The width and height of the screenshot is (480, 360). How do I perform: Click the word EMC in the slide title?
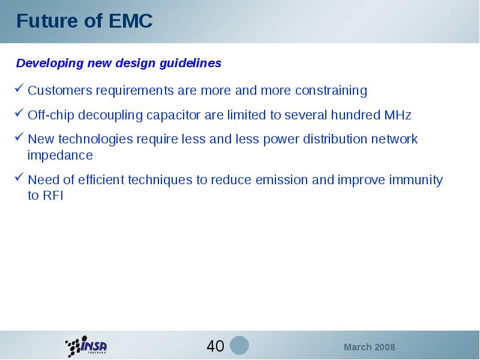click(130, 21)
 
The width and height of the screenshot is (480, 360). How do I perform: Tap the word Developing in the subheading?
click(50, 64)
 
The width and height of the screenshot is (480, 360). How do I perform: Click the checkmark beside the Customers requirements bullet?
click(19, 88)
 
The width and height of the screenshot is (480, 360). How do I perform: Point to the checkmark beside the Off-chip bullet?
click(19, 113)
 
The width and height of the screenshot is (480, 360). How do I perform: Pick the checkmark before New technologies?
click(19, 137)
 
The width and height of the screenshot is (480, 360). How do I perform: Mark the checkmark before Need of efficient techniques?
click(19, 177)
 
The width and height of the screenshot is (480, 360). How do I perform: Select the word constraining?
click(331, 91)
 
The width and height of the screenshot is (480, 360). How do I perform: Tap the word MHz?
click(398, 115)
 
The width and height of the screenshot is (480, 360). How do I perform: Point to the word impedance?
click(60, 155)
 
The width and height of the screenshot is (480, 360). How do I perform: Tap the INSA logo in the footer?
click(86, 346)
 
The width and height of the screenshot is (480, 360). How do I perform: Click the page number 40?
click(215, 346)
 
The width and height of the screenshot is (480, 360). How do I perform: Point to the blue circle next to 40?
click(239, 346)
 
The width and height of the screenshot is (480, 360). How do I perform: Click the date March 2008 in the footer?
click(369, 347)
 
